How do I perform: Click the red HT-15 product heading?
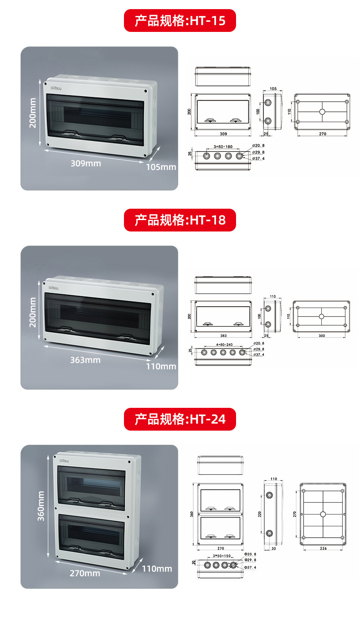tap(180, 21)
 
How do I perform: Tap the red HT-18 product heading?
tap(180, 220)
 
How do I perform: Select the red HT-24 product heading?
tap(180, 419)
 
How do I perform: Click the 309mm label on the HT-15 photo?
tap(86, 163)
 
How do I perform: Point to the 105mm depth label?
tap(161, 167)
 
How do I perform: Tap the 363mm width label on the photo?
tap(85, 360)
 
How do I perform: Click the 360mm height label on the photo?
tap(41, 506)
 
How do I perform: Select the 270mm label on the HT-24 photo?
tap(85, 573)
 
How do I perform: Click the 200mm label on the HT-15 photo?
tap(33, 114)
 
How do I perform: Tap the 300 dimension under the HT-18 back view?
tap(322, 335)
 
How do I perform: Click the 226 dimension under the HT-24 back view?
tap(323, 549)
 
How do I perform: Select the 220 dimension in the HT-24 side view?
tap(260, 514)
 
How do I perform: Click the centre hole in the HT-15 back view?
tap(322, 112)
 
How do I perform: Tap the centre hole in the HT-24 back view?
tap(323, 514)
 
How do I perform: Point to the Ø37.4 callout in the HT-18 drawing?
tap(259, 355)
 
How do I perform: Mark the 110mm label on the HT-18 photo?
tap(161, 366)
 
